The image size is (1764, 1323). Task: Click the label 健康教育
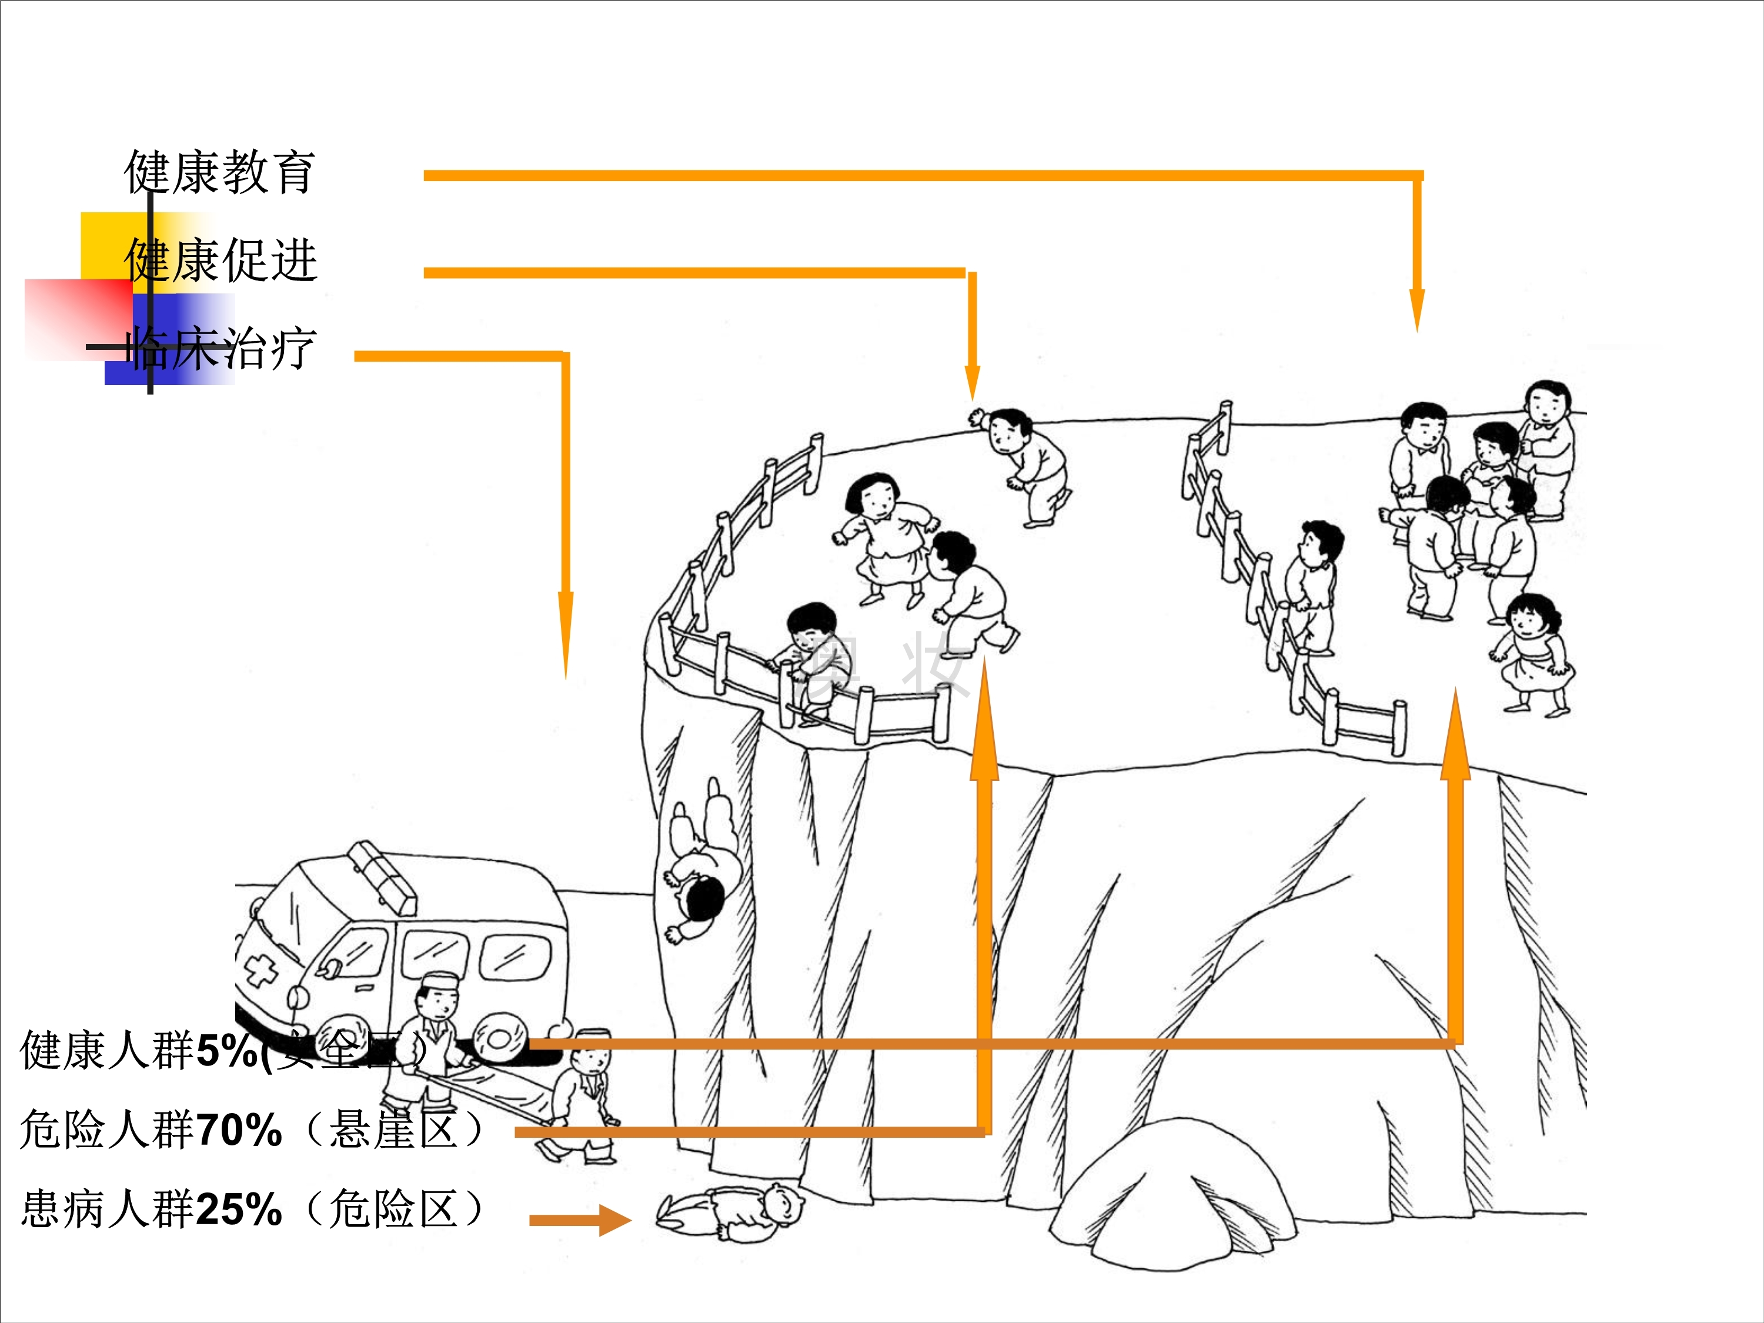pyautogui.click(x=220, y=172)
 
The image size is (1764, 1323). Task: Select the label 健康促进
pyautogui.click(x=221, y=260)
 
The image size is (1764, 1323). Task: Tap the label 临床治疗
pyautogui.click(x=223, y=349)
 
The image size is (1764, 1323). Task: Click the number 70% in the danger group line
pyautogui.click(x=239, y=1130)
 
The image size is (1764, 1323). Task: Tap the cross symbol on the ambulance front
pyautogui.click(x=260, y=971)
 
